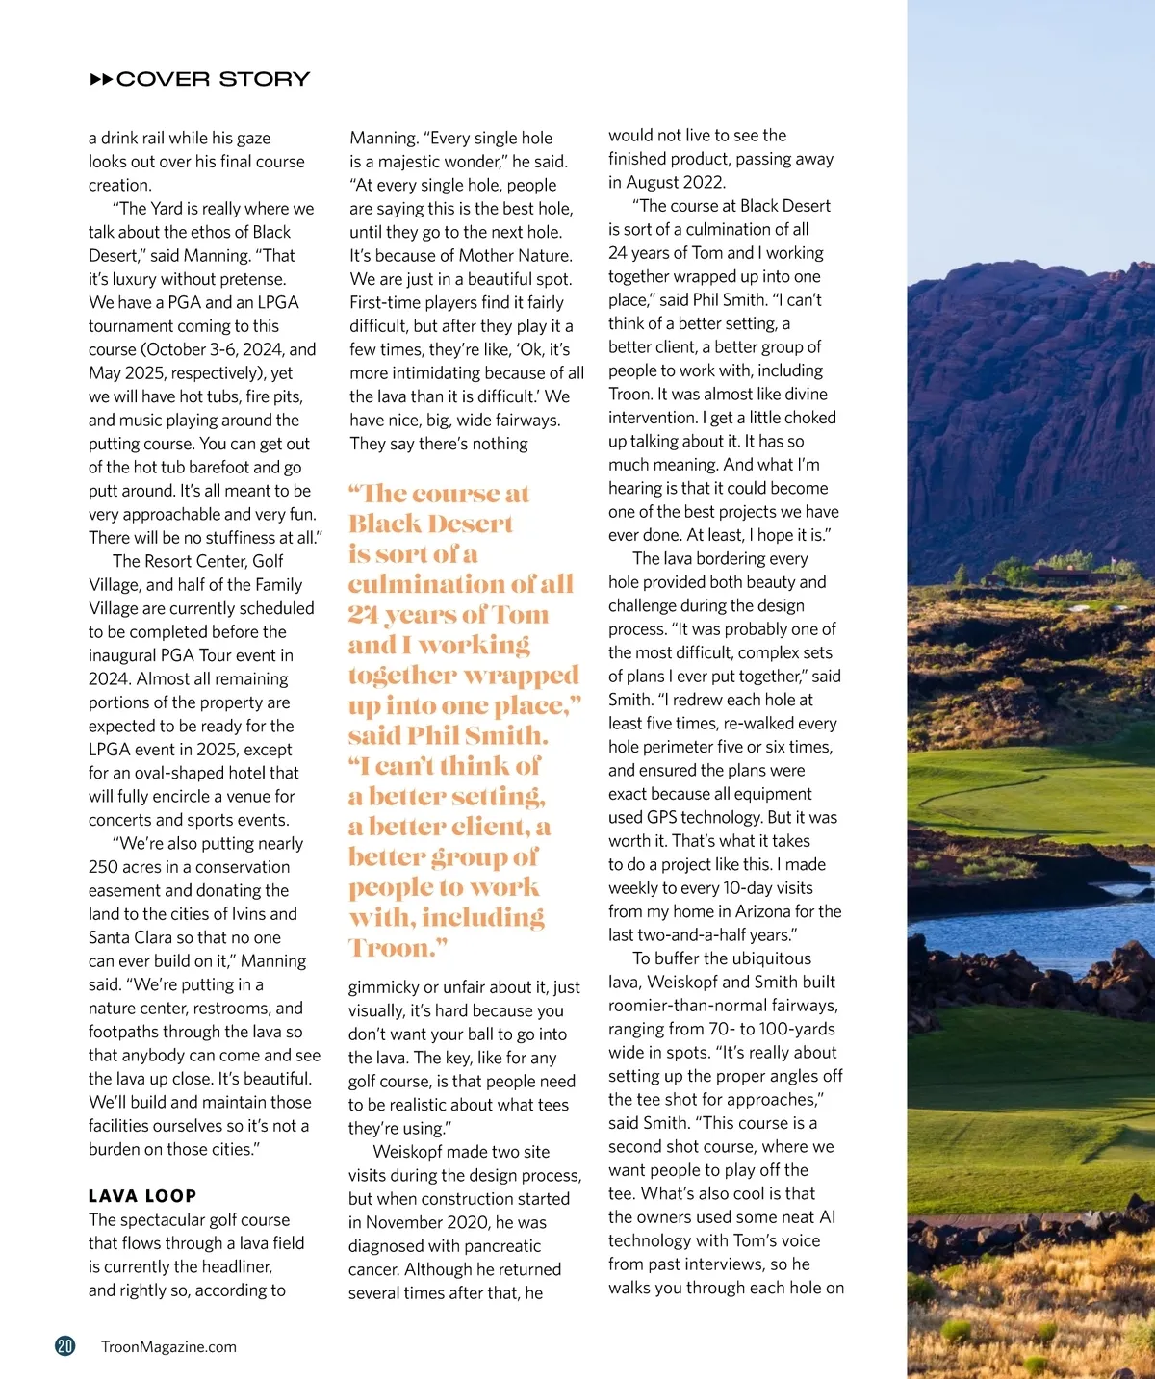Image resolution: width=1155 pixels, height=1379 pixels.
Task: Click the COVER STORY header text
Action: pos(213,79)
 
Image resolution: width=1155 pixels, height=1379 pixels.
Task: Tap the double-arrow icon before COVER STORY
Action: pos(101,79)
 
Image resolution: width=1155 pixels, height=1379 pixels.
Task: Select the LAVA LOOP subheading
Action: pos(142,1196)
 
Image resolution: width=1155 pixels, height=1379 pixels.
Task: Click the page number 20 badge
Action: pos(65,1346)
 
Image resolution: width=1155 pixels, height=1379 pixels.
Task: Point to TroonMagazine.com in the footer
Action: pos(168,1347)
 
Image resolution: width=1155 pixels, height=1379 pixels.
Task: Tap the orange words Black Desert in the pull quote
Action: pos(430,524)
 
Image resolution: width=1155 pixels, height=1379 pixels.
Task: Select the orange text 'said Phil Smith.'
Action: pos(448,735)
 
